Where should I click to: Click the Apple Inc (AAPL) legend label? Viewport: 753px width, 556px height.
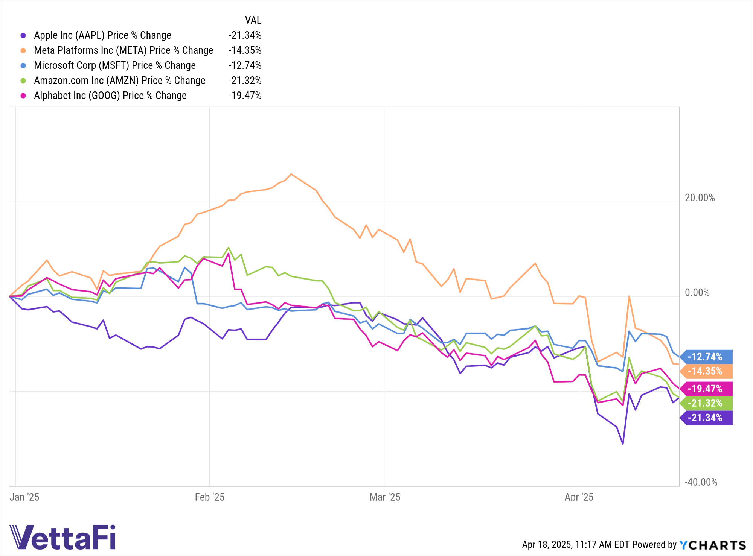click(102, 35)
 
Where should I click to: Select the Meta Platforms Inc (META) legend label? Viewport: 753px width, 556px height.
click(123, 50)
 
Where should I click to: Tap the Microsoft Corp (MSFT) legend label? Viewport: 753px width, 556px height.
click(114, 65)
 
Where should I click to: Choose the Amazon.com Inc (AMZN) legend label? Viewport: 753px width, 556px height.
click(119, 81)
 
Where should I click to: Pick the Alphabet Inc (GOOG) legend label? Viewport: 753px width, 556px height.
click(110, 96)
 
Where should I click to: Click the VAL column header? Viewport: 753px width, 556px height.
click(253, 20)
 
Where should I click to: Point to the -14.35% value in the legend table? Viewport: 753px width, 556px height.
click(245, 50)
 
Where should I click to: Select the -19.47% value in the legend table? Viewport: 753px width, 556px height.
click(245, 96)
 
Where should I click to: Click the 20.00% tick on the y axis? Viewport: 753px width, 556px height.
click(700, 198)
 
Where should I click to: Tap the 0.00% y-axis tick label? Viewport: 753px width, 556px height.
click(697, 293)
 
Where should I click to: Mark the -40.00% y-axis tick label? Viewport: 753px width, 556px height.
click(701, 482)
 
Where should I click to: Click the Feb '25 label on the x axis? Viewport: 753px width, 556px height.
click(209, 497)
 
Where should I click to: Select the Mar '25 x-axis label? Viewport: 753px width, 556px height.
click(385, 497)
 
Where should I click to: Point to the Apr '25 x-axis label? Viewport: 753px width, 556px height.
click(579, 497)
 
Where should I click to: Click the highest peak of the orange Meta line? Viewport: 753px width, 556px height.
click(291, 174)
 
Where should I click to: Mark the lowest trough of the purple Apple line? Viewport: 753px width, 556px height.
click(623, 444)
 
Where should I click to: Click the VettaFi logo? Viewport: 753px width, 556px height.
click(62, 537)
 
